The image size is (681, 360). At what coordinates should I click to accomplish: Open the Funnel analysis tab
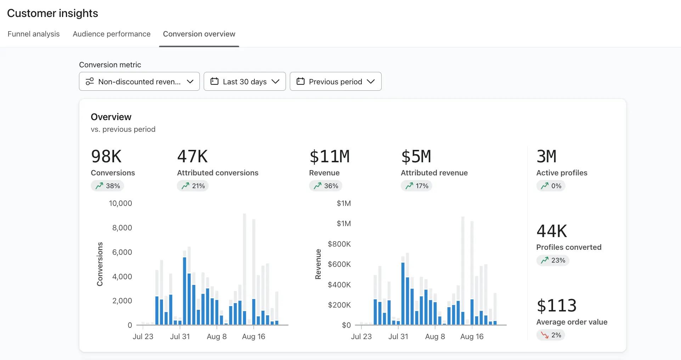34,34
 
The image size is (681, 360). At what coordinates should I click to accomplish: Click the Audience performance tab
112,34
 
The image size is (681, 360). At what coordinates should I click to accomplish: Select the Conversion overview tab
199,34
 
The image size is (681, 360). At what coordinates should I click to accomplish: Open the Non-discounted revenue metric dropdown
139,81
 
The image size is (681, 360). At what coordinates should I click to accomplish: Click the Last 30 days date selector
244,81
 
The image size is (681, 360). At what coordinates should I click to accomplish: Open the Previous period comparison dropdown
335,81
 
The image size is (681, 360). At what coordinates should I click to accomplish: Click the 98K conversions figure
106,157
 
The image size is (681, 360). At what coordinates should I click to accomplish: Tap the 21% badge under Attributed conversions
193,186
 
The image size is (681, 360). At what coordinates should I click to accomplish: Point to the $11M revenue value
330,157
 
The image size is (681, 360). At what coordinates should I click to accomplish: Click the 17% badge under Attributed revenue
416,186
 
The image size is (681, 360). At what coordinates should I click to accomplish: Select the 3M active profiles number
546,157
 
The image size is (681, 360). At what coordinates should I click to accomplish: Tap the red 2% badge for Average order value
551,335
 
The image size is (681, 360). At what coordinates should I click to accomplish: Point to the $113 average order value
556,305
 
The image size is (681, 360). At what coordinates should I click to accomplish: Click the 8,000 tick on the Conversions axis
122,228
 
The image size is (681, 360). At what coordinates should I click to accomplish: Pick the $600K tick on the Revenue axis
339,264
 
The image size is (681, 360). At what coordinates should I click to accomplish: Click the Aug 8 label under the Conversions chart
216,337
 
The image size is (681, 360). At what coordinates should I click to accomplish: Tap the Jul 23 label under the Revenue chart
361,337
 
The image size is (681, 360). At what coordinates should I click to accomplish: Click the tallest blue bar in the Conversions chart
185,291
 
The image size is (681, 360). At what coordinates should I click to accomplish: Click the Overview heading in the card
111,117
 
